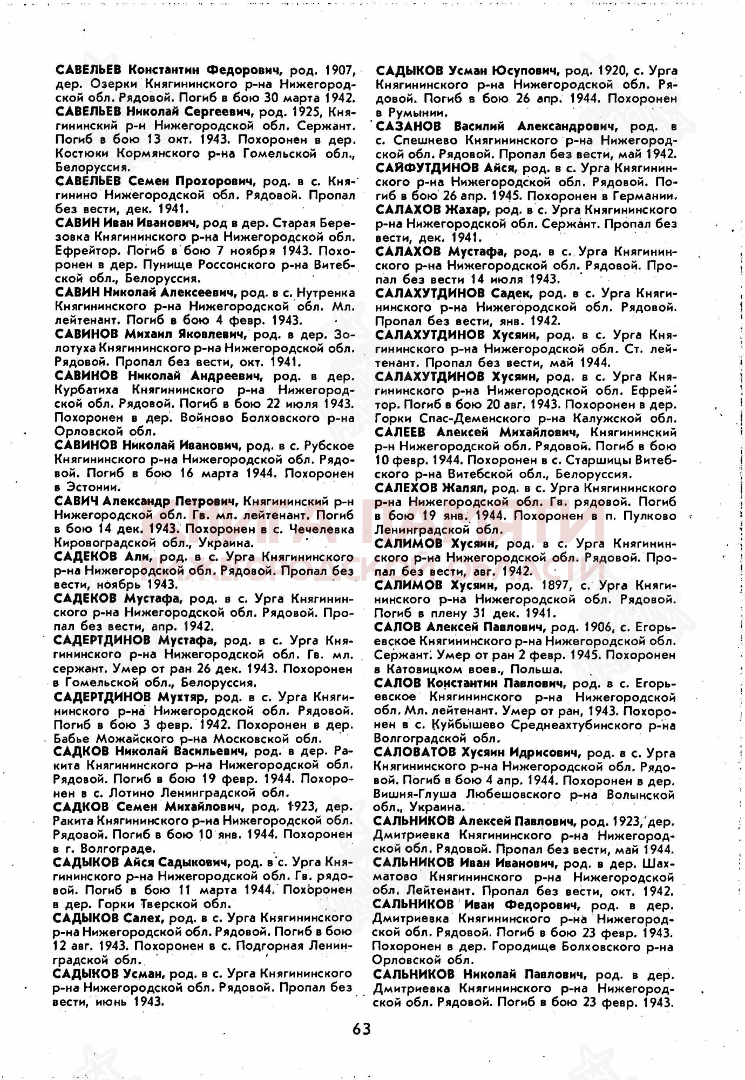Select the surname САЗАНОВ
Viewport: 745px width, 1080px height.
tap(408, 126)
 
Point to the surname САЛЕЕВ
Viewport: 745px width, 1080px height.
tap(400, 432)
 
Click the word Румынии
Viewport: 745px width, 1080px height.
tap(417, 113)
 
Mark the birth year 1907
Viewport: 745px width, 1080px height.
tap(340, 70)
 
